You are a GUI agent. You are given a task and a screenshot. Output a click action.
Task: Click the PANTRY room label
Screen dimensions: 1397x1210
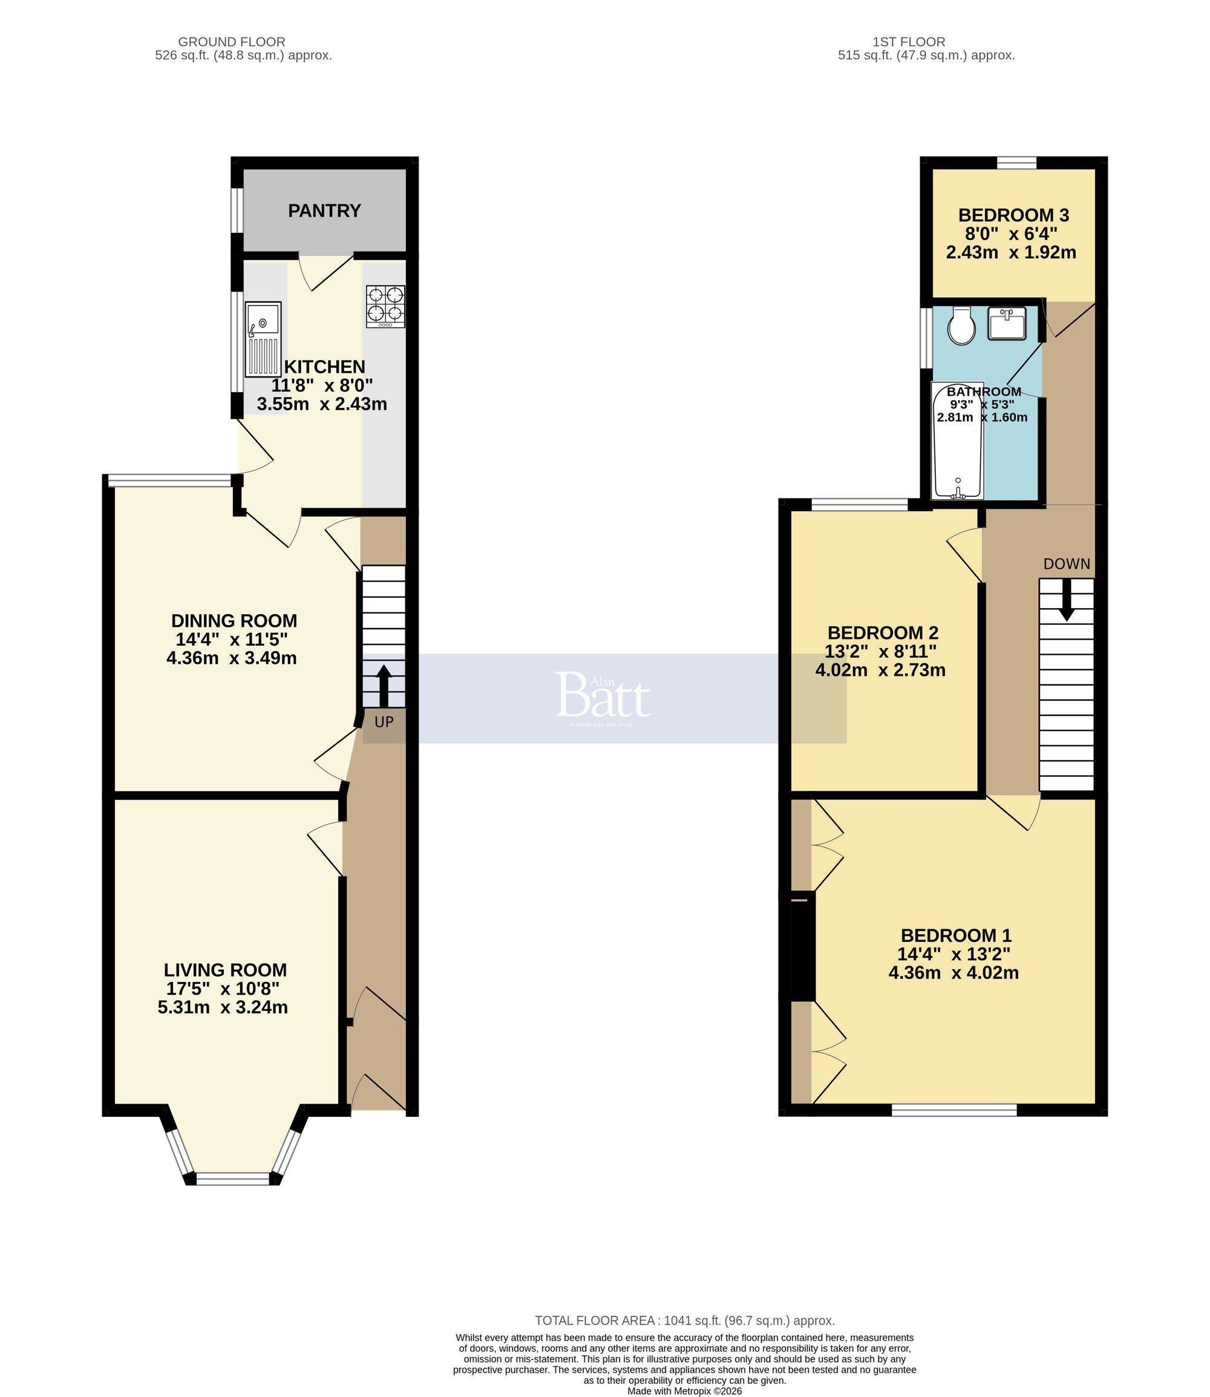click(324, 211)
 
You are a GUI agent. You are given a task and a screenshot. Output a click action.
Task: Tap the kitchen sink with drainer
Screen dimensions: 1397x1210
click(263, 339)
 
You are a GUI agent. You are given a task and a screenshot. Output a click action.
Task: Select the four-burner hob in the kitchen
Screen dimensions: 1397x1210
click(385, 307)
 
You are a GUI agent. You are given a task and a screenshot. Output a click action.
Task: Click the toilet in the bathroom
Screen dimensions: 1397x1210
click(960, 326)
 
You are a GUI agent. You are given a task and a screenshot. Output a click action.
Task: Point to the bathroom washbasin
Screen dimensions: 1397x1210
click(1007, 322)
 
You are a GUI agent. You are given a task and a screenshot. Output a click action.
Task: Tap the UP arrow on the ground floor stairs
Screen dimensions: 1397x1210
click(384, 685)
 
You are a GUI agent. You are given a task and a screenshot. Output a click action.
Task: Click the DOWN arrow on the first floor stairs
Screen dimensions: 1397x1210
click(1066, 600)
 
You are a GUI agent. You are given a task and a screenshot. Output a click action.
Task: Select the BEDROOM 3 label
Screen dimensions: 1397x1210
click(1013, 215)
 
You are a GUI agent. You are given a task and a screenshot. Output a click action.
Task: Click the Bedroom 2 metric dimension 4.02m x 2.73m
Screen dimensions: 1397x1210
click(880, 670)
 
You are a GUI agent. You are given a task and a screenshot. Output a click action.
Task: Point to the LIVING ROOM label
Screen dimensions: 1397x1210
click(225, 970)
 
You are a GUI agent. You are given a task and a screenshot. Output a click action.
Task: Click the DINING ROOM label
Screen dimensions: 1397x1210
click(234, 621)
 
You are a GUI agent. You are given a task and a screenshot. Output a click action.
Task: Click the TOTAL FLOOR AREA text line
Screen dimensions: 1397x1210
click(685, 1320)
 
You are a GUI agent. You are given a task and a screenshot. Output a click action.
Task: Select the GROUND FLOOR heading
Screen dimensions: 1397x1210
click(232, 42)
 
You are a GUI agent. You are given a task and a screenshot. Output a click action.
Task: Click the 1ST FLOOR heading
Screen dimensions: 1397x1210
click(908, 42)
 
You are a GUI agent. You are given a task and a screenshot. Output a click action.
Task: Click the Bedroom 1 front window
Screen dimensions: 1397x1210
click(953, 1110)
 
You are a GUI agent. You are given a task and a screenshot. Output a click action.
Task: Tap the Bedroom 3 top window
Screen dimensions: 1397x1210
click(1016, 163)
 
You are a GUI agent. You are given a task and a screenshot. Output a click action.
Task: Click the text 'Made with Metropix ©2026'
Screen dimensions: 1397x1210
click(685, 1391)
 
